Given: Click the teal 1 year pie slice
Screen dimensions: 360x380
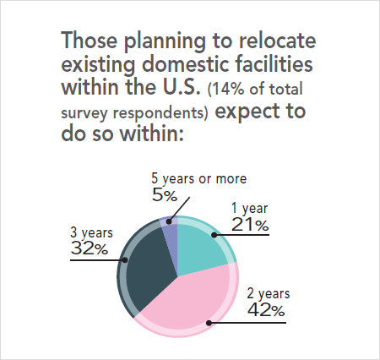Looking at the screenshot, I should [x=201, y=249].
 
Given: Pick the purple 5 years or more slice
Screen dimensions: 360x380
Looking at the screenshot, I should [x=170, y=232].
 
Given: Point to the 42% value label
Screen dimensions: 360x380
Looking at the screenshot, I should [x=265, y=310].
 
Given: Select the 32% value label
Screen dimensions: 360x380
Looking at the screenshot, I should [x=89, y=249].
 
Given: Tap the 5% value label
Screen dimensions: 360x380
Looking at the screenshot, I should [x=164, y=196].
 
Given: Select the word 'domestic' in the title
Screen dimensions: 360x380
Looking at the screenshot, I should [x=174, y=65].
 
